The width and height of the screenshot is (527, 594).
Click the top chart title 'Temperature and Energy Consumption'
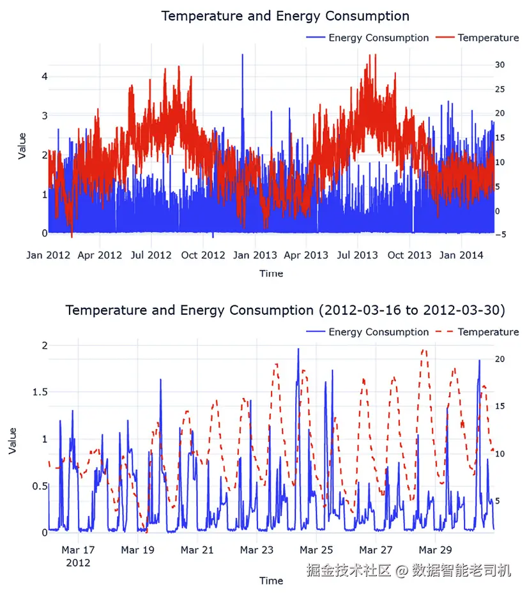pyautogui.click(x=285, y=16)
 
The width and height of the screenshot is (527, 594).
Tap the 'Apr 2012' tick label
pyautogui.click(x=100, y=255)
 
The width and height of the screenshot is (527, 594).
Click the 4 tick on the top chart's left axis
pyautogui.click(x=45, y=76)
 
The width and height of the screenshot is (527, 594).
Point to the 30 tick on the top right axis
pyautogui.click(x=500, y=65)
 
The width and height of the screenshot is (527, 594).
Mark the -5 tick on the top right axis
pyautogui.click(x=500, y=235)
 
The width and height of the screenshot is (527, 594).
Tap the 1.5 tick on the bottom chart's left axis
pyautogui.click(x=40, y=392)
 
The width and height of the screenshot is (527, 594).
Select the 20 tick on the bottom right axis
pyautogui.click(x=501, y=360)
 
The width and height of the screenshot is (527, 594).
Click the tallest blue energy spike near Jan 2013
pyautogui.click(x=242, y=56)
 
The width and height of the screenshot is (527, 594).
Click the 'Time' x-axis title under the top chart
pyautogui.click(x=271, y=273)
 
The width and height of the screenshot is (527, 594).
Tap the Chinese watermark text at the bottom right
pyautogui.click(x=409, y=570)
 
